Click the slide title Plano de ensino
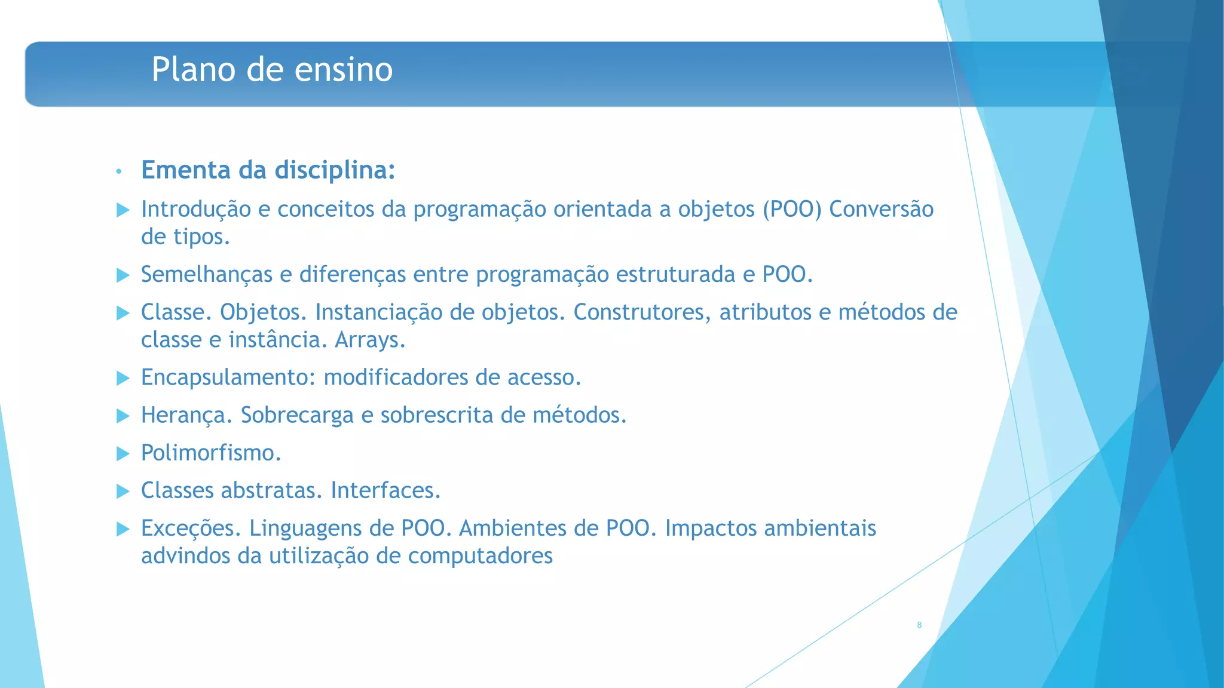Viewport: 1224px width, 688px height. [272, 69]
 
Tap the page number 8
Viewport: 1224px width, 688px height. [919, 625]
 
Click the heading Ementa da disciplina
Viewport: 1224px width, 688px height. [268, 170]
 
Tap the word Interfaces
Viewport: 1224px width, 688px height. [385, 490]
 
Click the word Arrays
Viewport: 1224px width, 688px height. [369, 340]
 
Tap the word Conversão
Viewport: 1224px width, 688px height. [881, 210]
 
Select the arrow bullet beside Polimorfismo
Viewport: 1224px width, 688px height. [123, 453]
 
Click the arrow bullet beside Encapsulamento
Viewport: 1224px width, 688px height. [123, 378]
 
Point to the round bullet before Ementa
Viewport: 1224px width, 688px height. [119, 172]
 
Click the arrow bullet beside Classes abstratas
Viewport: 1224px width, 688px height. [123, 491]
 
